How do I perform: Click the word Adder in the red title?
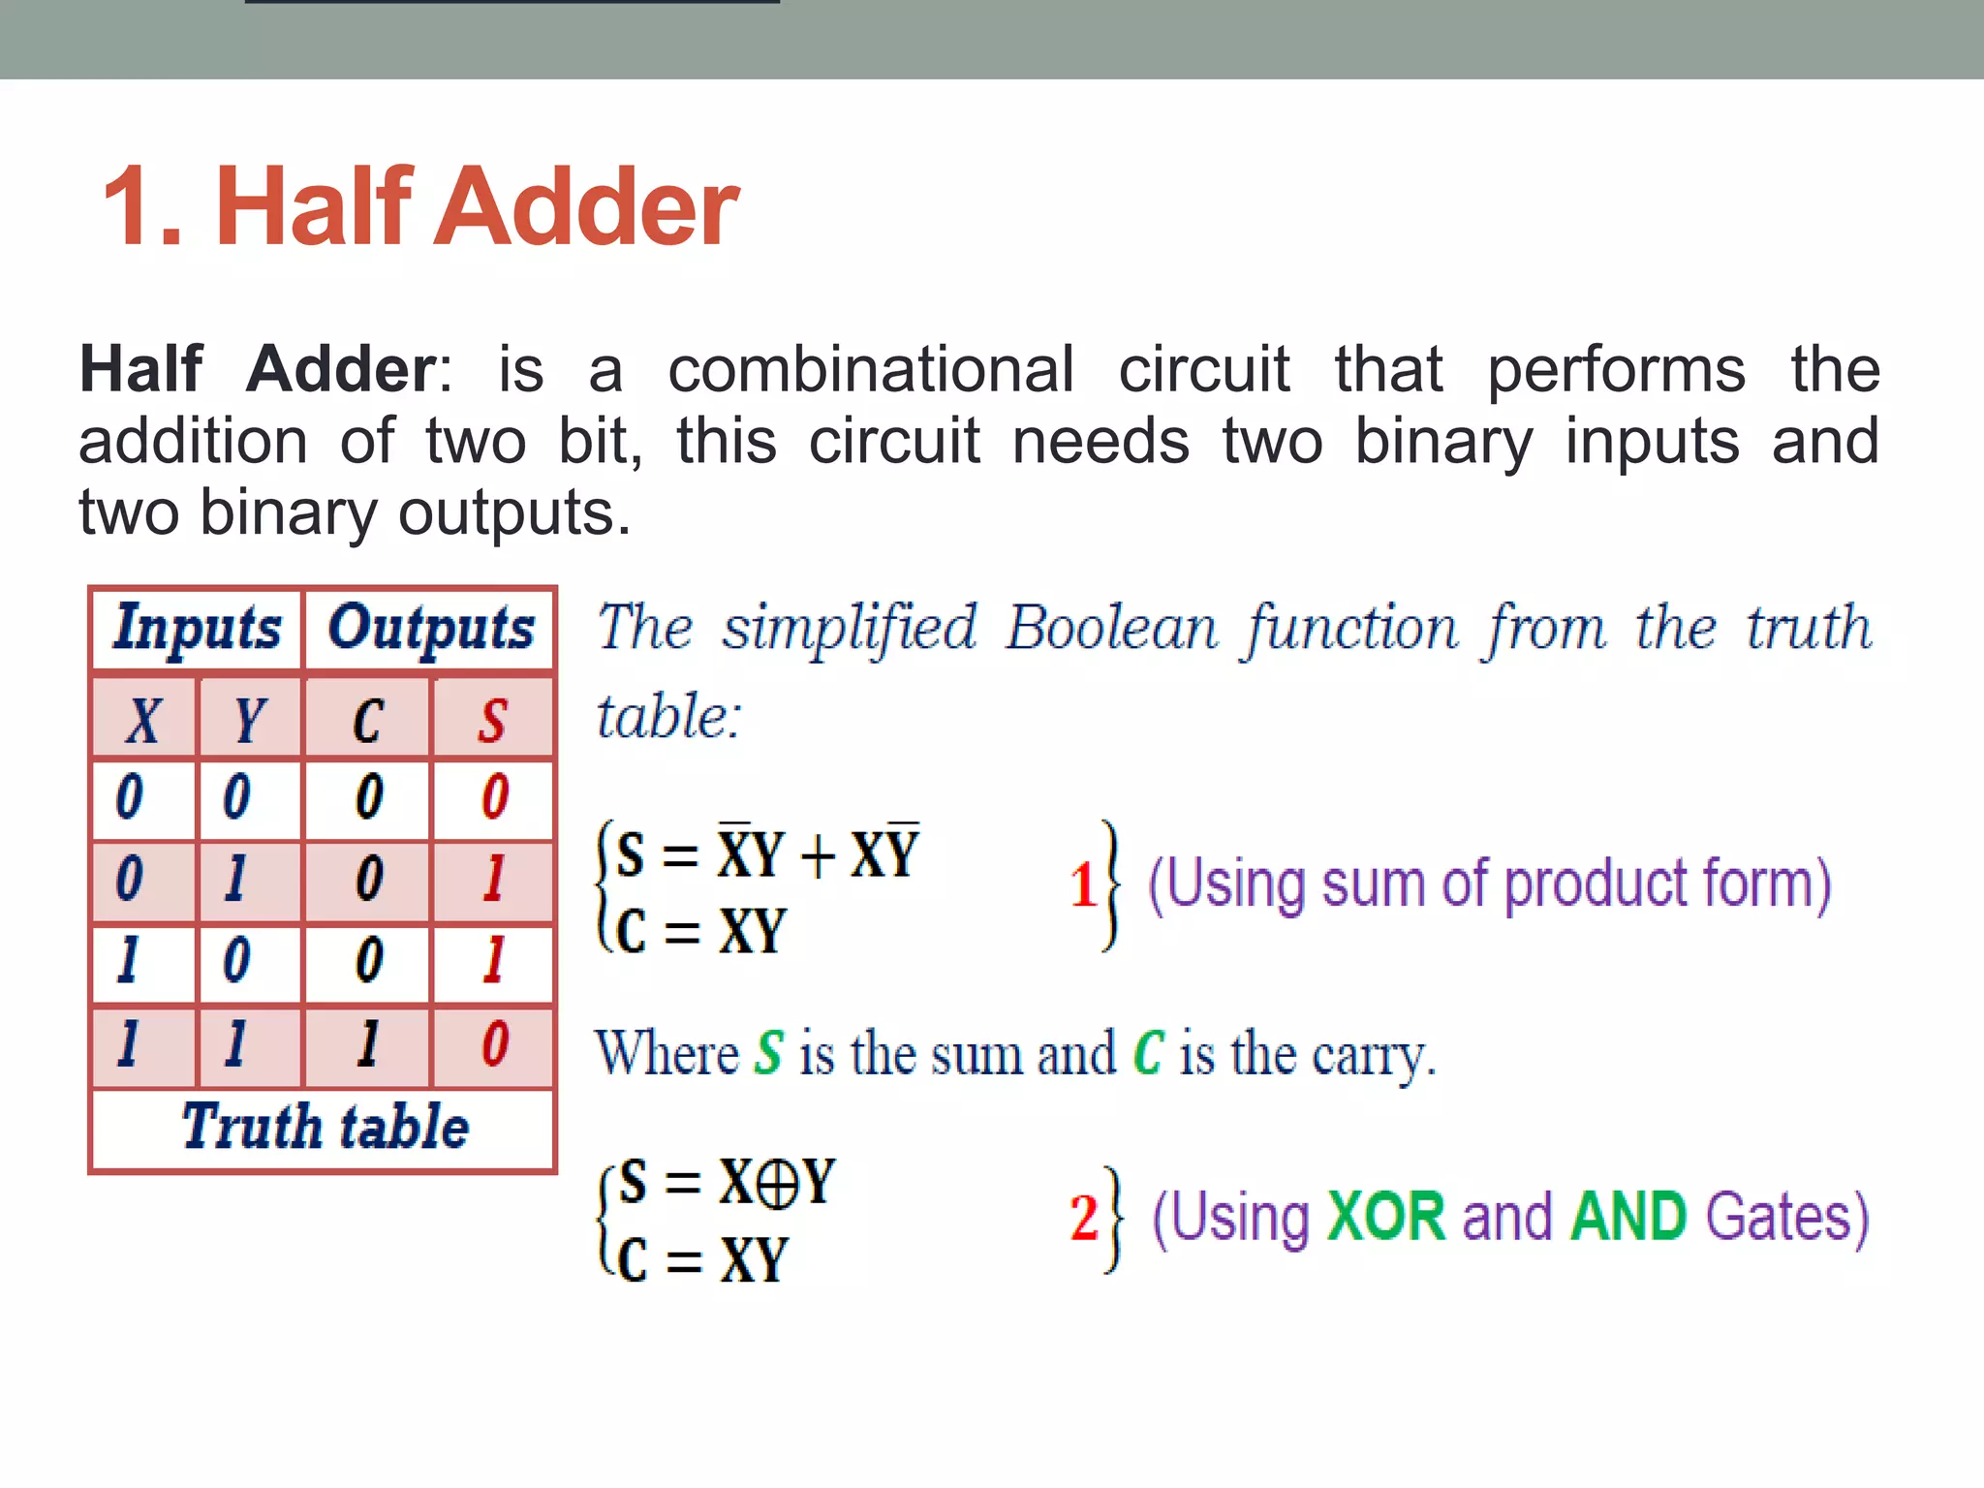point(587,207)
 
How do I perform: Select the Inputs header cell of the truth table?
point(197,628)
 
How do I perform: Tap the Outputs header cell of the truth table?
point(430,628)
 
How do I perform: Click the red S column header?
point(492,720)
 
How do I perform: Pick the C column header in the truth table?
point(367,720)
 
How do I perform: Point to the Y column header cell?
point(249,720)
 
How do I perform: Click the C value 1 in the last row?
point(367,1044)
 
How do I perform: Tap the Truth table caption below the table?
point(325,1128)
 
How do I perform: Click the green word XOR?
point(1386,1217)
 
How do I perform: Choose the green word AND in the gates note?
point(1628,1217)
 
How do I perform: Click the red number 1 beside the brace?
point(1082,884)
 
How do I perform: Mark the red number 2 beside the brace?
point(1083,1219)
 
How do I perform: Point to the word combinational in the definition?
point(871,369)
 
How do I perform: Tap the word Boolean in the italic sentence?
point(1110,628)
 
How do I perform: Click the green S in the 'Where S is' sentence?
point(769,1054)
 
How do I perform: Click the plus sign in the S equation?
point(819,856)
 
